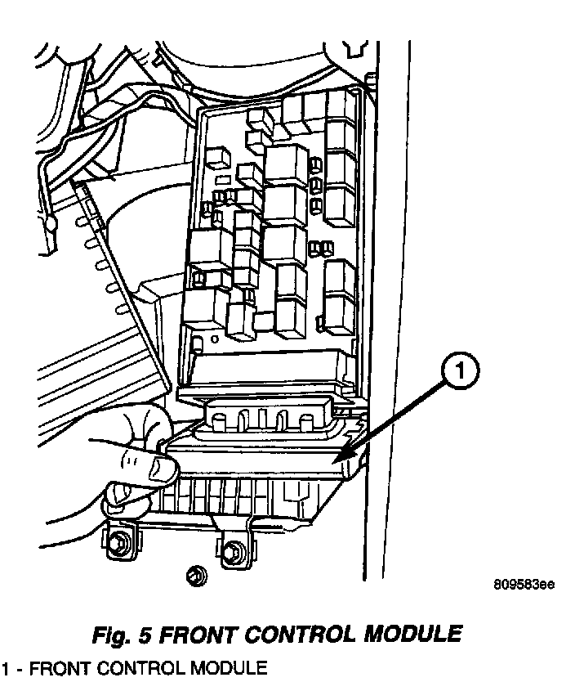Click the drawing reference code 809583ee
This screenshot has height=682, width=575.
524,585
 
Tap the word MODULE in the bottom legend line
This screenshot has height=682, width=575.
222,666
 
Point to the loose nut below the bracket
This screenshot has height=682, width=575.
197,575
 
